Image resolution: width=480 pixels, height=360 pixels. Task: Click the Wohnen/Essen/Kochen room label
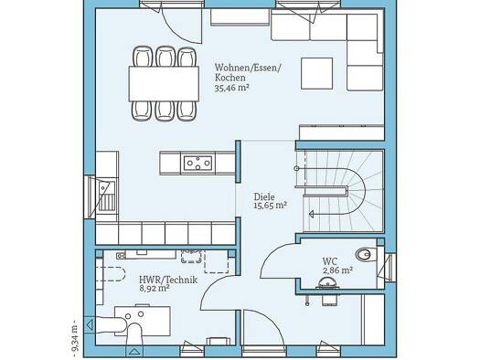(248, 72)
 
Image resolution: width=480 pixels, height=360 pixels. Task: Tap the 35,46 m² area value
(231, 88)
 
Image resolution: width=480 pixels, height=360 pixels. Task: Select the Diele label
(264, 196)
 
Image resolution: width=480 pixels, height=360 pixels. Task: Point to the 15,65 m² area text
(270, 206)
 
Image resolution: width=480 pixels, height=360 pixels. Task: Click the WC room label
(330, 262)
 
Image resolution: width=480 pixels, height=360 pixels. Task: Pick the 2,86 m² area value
(337, 270)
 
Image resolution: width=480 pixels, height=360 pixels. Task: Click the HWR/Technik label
(168, 280)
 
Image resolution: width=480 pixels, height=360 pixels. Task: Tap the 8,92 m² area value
(155, 288)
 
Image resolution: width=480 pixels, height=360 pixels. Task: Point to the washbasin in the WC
(327, 283)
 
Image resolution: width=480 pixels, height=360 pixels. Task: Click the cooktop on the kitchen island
(197, 163)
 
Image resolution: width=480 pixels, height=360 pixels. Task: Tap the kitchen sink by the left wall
(106, 196)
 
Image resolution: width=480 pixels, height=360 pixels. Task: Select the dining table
(164, 83)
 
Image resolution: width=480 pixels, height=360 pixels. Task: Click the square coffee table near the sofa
(316, 73)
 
